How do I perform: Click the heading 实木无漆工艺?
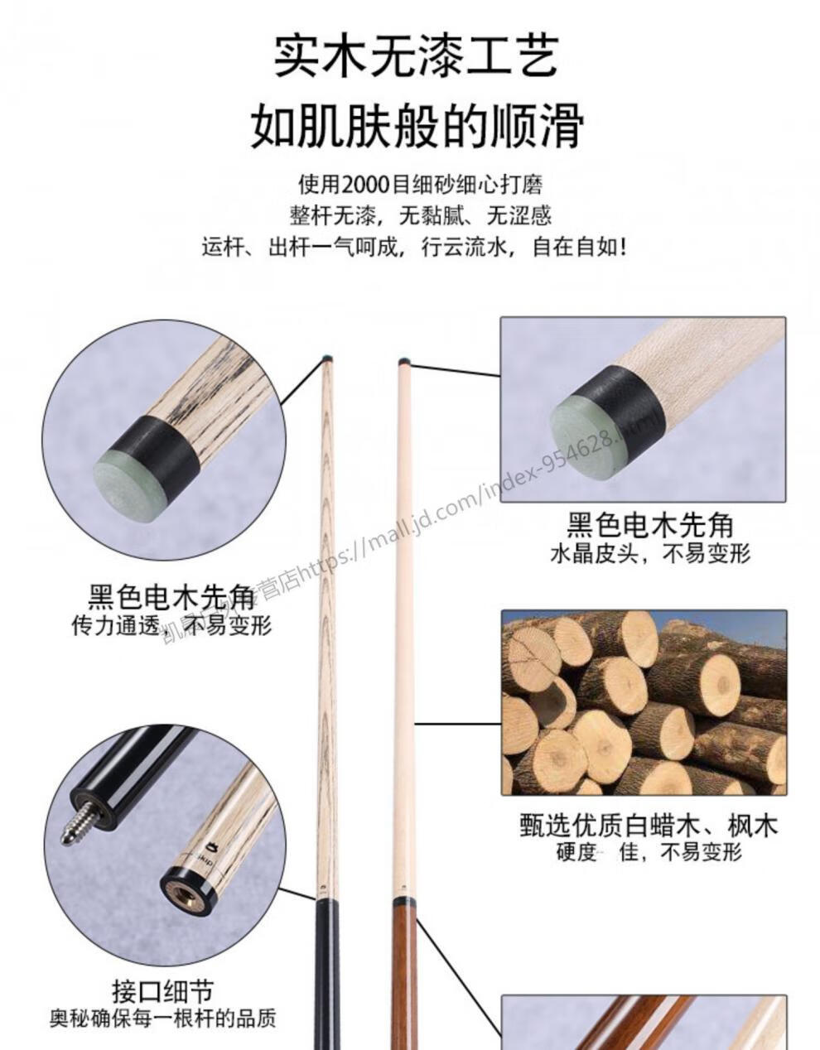click(x=415, y=55)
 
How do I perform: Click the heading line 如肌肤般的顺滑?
click(x=417, y=126)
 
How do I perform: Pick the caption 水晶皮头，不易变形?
click(x=649, y=553)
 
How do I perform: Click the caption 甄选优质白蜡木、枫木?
click(x=649, y=826)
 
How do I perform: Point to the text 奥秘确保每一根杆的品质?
click(x=163, y=1018)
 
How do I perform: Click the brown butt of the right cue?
click(x=403, y=977)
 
